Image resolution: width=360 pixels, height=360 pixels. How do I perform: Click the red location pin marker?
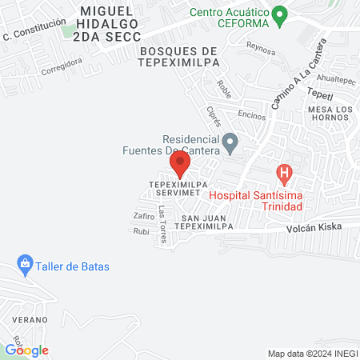click(180, 165)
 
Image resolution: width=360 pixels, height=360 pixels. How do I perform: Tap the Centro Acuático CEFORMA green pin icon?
click(279, 14)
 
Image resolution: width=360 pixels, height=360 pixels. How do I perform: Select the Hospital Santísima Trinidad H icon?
click(283, 172)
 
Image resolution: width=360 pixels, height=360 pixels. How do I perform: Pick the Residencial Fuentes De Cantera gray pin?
click(230, 144)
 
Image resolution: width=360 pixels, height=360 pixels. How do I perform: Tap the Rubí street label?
click(141, 232)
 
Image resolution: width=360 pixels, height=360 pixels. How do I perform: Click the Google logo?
click(27, 350)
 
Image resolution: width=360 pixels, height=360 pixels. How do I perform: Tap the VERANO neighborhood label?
click(26, 318)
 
